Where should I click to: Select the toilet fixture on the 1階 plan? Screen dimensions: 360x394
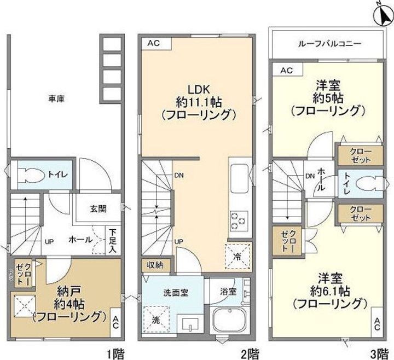coord(30,175)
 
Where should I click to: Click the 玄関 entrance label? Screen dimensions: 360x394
coord(99,208)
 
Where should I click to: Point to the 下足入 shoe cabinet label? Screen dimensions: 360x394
coord(112,241)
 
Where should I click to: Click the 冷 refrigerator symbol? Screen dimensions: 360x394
coord(237,254)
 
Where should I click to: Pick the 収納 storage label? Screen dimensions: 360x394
coord(155,265)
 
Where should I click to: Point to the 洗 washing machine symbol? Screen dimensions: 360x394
coord(153,317)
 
